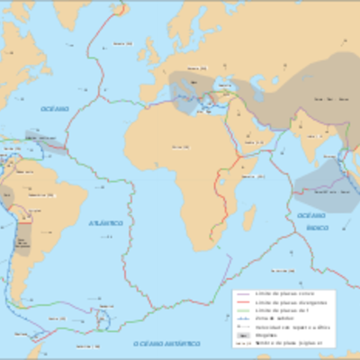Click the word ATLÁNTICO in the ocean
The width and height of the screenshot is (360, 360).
coord(105,222)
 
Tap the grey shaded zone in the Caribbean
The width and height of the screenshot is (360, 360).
coord(45,141)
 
